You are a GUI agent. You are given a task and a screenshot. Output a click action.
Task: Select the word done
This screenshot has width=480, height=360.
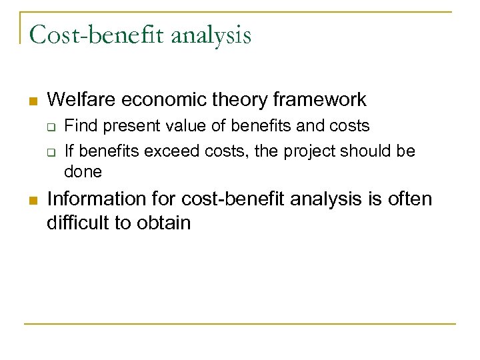(x=83, y=172)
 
